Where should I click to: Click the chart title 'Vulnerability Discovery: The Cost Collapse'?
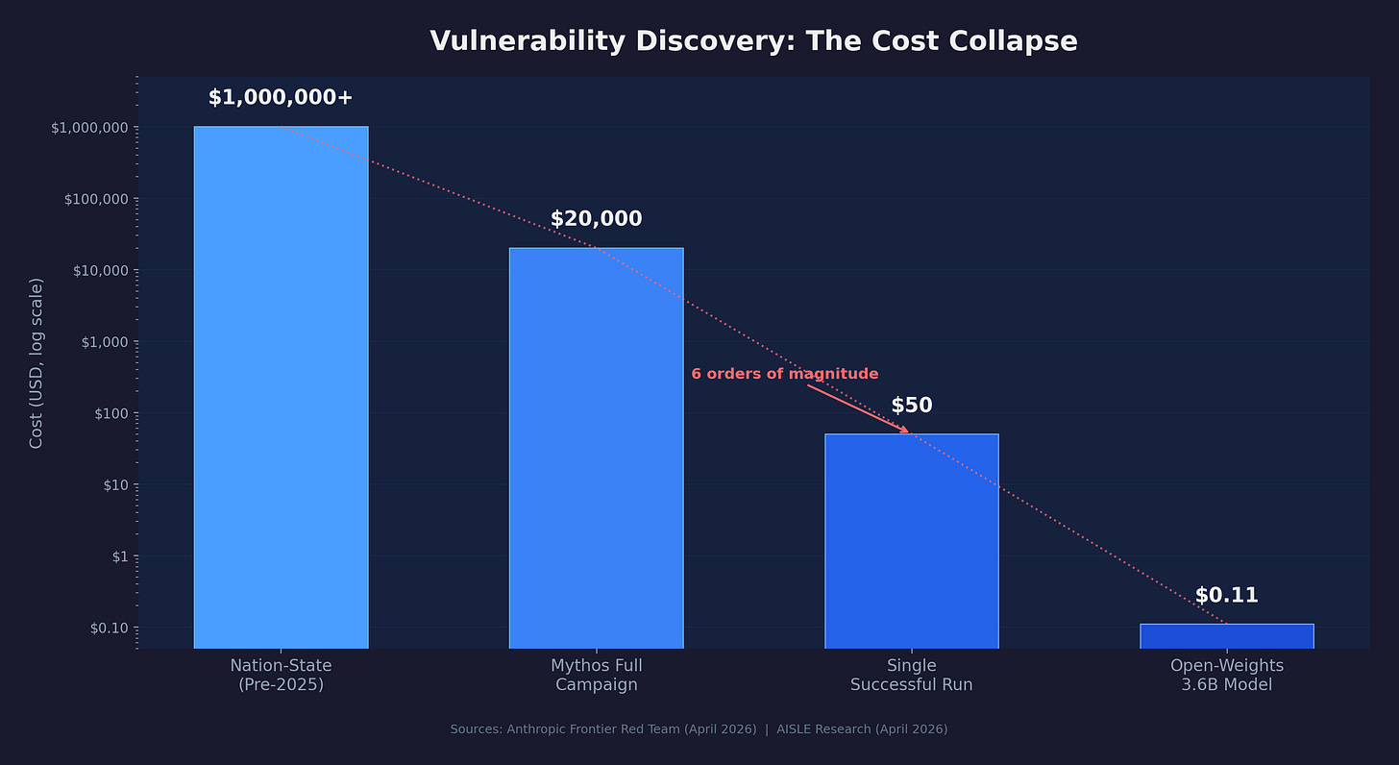[x=753, y=41]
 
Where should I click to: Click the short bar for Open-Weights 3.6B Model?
[x=1226, y=636]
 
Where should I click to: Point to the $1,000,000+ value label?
[x=281, y=97]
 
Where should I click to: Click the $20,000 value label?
[x=596, y=219]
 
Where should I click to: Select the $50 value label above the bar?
[x=911, y=406]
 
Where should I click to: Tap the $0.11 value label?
[x=1226, y=595]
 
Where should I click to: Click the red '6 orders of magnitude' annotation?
[x=784, y=374]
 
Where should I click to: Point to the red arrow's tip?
[x=907, y=432]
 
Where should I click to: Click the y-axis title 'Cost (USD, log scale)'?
[x=37, y=362]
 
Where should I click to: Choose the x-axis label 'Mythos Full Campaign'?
[x=596, y=676]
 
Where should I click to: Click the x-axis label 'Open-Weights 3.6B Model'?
[x=1226, y=676]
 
